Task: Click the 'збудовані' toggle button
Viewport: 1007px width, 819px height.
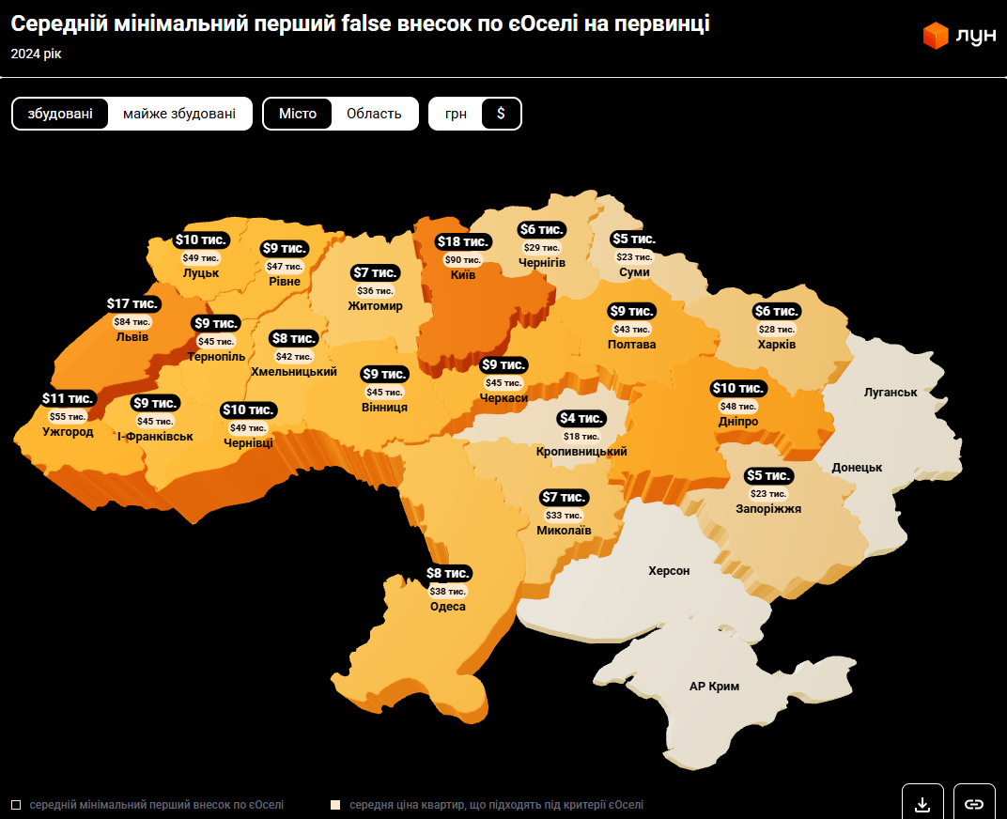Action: coord(60,114)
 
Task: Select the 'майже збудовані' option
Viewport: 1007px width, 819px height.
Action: coord(179,114)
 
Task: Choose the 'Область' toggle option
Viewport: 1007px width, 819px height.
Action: coord(374,114)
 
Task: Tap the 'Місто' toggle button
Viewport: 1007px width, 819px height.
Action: coord(298,114)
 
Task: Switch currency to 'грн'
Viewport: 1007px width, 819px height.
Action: coord(456,114)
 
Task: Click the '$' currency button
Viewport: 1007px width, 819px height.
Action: coord(501,114)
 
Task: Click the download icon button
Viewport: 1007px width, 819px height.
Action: coord(922,804)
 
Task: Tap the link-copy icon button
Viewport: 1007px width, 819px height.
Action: coord(974,804)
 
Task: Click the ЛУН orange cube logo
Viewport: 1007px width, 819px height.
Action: coord(936,36)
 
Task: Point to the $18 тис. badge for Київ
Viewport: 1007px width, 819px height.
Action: coord(463,242)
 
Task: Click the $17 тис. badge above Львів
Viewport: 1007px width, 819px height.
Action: coord(132,304)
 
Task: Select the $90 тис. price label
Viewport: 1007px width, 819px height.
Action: coord(463,260)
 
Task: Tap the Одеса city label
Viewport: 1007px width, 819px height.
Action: coord(448,607)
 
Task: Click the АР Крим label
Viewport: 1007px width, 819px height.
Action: coord(714,687)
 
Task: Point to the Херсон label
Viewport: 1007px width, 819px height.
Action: coord(669,571)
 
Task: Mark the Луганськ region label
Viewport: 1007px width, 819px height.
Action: coord(891,392)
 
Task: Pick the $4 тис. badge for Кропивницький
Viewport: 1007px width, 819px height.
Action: coord(581,419)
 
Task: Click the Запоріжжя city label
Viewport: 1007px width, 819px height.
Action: coord(768,509)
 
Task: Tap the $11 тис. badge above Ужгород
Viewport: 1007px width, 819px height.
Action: coord(68,399)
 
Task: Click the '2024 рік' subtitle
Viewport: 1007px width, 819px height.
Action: coord(36,54)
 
